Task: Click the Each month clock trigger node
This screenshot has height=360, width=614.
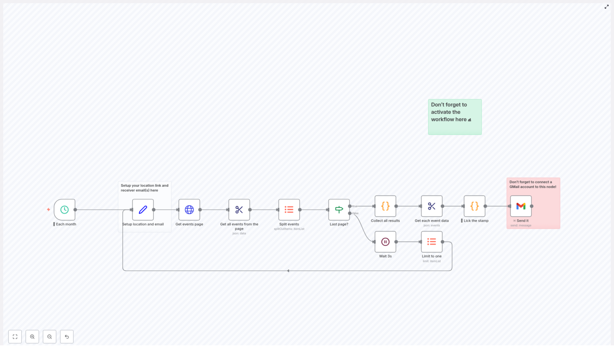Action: pyautogui.click(x=64, y=210)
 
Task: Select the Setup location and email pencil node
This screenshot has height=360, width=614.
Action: pyautogui.click(x=143, y=210)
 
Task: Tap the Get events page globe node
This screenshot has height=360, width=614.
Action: pyautogui.click(x=189, y=210)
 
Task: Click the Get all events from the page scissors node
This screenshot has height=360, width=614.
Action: pyautogui.click(x=239, y=210)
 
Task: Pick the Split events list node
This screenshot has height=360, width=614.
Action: pyautogui.click(x=289, y=210)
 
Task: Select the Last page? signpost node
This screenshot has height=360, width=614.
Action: pyautogui.click(x=339, y=210)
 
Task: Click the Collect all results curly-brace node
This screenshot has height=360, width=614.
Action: pyautogui.click(x=385, y=206)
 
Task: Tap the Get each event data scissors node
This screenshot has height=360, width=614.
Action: pyautogui.click(x=432, y=206)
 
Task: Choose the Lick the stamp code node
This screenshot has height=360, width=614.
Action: pyautogui.click(x=474, y=206)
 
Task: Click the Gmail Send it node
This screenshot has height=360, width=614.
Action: pyautogui.click(x=521, y=206)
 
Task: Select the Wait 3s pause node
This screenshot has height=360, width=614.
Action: pyautogui.click(x=385, y=242)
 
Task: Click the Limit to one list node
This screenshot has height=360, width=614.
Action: pyautogui.click(x=432, y=242)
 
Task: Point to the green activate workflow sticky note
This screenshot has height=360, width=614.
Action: pyautogui.click(x=455, y=117)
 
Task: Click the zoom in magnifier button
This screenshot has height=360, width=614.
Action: pyautogui.click(x=32, y=337)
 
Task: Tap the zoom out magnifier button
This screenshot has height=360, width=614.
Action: pyautogui.click(x=50, y=337)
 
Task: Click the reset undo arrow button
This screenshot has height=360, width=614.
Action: pyautogui.click(x=67, y=337)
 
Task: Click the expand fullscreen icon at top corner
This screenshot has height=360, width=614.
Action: pyautogui.click(x=607, y=7)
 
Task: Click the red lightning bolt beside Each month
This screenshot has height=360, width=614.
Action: pyautogui.click(x=48, y=210)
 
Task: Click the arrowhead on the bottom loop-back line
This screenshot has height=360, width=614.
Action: pyautogui.click(x=288, y=271)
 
